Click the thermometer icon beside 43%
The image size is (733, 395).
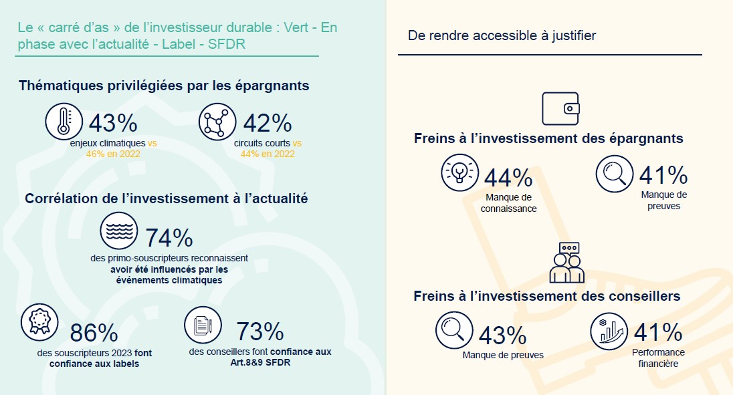pyautogui.click(x=64, y=122)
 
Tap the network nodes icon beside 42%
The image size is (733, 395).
pyautogui.click(x=218, y=122)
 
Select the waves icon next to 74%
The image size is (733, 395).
pyautogui.click(x=118, y=231)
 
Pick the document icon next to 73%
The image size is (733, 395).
pyautogui.click(x=203, y=325)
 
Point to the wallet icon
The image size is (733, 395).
pyautogui.click(x=560, y=108)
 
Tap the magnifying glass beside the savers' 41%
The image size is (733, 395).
pyautogui.click(x=615, y=173)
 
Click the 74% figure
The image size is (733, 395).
pyautogui.click(x=169, y=238)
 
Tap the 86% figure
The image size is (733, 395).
pyautogui.click(x=94, y=332)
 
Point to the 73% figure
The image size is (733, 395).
pyautogui.click(x=259, y=331)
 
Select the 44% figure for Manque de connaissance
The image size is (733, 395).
pyautogui.click(x=508, y=177)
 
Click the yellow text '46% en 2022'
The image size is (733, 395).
pyautogui.click(x=113, y=154)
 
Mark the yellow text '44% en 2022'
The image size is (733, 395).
pyautogui.click(x=268, y=154)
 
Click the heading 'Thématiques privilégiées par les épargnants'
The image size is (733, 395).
pyautogui.click(x=164, y=86)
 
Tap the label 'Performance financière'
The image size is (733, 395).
pyautogui.click(x=658, y=358)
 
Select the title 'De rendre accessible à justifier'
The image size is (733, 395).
pyautogui.click(x=502, y=35)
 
